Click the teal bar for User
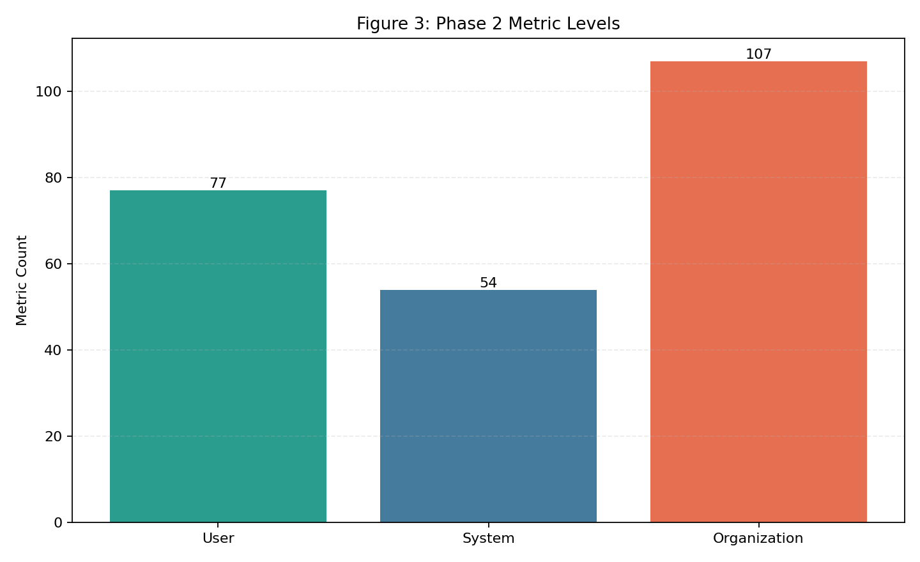point(218,356)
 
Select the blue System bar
point(488,406)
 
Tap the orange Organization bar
point(758,292)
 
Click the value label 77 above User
point(218,183)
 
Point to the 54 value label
point(488,283)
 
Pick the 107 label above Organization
point(758,54)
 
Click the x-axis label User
point(218,538)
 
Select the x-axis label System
point(488,538)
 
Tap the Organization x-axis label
point(758,538)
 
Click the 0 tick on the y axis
point(58,522)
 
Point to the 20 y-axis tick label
point(54,436)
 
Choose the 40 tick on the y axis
point(54,350)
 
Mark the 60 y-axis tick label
point(54,264)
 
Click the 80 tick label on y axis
point(54,178)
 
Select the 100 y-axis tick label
point(50,91)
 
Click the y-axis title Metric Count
point(22,280)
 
